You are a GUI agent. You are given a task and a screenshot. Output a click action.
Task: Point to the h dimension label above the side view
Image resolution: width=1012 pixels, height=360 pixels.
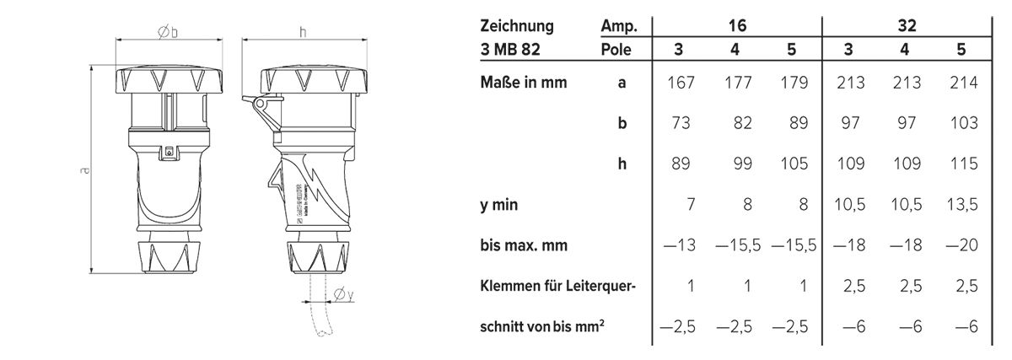[x=302, y=31]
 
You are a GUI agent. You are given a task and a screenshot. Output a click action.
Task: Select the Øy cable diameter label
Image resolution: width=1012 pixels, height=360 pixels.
[x=342, y=293]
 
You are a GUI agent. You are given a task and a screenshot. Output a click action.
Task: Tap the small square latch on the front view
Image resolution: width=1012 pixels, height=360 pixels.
[x=170, y=152]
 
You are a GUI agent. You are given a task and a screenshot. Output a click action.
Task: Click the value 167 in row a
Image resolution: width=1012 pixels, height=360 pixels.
[x=679, y=83]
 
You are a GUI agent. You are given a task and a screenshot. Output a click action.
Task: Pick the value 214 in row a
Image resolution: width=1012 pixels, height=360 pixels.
[x=961, y=83]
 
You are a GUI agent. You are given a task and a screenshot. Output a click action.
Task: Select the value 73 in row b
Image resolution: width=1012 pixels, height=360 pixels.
[x=681, y=123]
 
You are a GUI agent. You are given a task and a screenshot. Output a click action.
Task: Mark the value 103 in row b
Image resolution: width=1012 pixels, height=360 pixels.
[x=961, y=123]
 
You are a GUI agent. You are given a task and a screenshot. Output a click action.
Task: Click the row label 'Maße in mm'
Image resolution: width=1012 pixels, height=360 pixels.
[x=524, y=83]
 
